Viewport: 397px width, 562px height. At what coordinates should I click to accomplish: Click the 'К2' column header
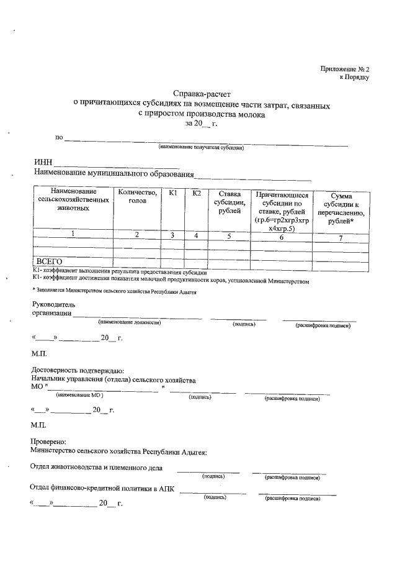(x=197, y=194)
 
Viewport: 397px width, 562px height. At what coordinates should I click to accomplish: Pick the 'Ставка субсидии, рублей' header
(x=229, y=202)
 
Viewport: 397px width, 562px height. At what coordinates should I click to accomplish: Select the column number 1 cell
(x=73, y=234)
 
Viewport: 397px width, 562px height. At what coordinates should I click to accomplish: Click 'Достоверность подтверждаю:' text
(x=77, y=370)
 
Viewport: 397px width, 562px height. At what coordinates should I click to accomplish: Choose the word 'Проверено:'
(x=48, y=440)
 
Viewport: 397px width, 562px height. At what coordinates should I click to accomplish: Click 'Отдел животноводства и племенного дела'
(x=97, y=467)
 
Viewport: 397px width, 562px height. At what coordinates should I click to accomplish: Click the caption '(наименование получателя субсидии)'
(x=200, y=147)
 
